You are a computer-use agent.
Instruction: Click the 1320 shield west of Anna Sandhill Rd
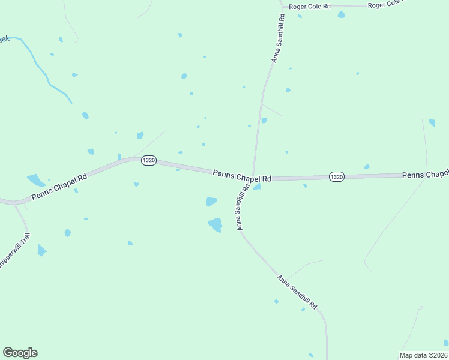[x=149, y=160]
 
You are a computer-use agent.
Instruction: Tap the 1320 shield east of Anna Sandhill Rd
[x=336, y=176]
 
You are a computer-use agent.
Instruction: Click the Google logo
[x=20, y=353]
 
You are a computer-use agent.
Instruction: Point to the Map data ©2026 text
[x=423, y=355]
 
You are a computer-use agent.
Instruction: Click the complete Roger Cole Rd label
[x=310, y=7]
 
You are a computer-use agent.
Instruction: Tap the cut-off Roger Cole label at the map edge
[x=384, y=4]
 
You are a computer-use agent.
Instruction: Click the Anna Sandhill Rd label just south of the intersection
[x=243, y=208]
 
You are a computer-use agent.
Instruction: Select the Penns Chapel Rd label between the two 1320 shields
[x=242, y=176]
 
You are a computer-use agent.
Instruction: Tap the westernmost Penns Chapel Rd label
[x=60, y=187]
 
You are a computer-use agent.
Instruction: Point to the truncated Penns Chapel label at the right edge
[x=425, y=175]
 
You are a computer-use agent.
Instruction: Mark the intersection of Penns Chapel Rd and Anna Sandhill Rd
[x=253, y=178]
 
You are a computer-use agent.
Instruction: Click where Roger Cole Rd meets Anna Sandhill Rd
[x=282, y=8]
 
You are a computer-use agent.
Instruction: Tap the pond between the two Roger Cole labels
[x=341, y=14]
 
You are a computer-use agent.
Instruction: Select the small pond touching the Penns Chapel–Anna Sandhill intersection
[x=257, y=187]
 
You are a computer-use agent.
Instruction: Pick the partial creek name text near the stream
[x=4, y=40]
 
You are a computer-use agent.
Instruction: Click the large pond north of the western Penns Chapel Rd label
[x=35, y=179]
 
